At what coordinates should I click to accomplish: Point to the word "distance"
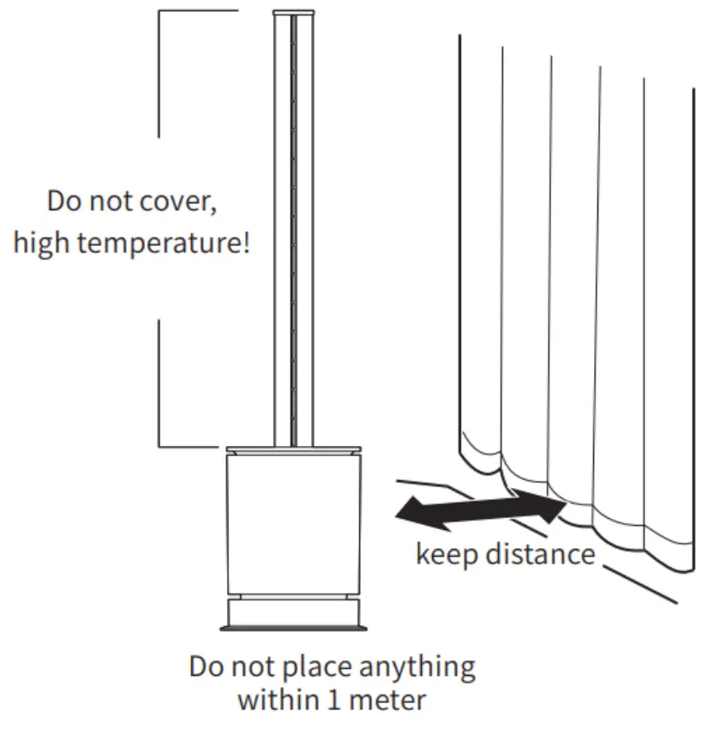coord(540,553)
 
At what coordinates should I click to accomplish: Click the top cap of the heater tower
coord(293,12)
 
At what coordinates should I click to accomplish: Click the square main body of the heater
coord(293,523)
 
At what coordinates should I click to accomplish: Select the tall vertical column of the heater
coord(293,232)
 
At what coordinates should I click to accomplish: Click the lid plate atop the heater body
coord(293,449)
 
